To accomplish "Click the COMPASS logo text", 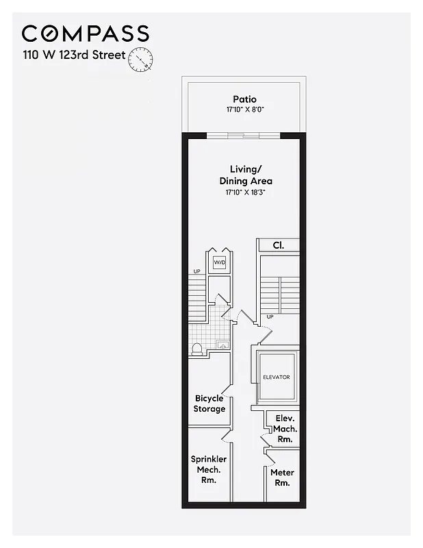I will click(x=85, y=34).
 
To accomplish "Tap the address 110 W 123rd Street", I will click(x=74, y=55).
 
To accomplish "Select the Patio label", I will click(x=244, y=99).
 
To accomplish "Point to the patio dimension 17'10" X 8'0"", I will click(x=244, y=110).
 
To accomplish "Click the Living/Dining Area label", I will click(x=246, y=175).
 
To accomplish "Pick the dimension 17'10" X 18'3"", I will click(x=246, y=192).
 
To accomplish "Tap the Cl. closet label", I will click(x=278, y=245).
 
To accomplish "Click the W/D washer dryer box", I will click(x=220, y=262).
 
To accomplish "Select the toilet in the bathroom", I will click(x=197, y=348).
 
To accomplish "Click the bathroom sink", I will click(x=222, y=345).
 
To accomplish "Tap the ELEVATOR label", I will click(x=277, y=377).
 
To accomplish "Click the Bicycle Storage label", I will click(x=209, y=403).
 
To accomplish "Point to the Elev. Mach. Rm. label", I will click(x=285, y=428).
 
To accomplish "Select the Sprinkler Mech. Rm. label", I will click(x=209, y=469).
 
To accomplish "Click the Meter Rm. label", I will click(x=282, y=477).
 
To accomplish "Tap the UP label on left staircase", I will click(x=196, y=272).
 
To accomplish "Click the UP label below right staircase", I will click(x=269, y=316).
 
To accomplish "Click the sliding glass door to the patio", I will click(x=244, y=135).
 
